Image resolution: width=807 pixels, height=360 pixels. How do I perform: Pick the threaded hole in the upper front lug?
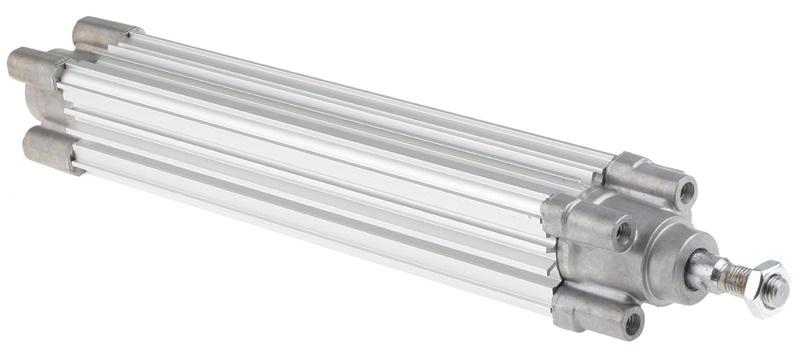[x=685, y=192]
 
